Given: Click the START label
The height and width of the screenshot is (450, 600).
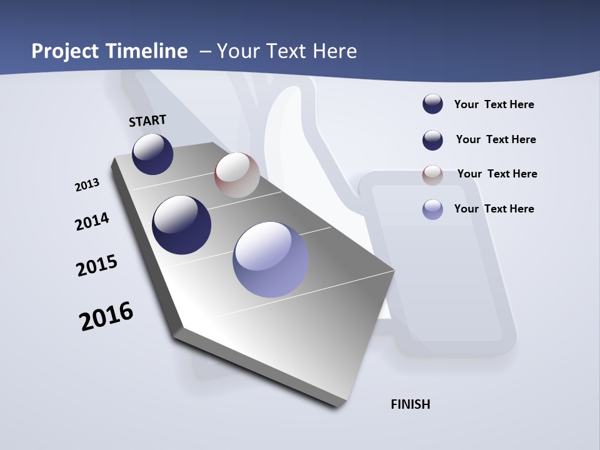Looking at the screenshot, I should point(147,121).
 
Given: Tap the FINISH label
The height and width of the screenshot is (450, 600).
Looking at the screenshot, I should point(411,404).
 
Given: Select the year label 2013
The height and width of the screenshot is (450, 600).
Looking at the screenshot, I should point(87,185).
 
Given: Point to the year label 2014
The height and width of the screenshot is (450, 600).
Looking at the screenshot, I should point(92,221).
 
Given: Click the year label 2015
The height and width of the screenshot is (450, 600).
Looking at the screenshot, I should point(97,266).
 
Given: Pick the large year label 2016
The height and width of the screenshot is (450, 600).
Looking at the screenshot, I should point(106,316).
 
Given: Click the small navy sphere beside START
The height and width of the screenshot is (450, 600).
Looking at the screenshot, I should point(152,154).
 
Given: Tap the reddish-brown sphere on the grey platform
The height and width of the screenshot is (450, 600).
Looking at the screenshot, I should point(237,175).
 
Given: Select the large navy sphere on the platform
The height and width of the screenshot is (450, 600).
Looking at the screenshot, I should point(181,225).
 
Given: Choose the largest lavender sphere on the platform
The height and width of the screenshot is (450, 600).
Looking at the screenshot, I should point(271,259).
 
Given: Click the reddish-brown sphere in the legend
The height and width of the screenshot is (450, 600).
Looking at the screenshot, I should point(432,175).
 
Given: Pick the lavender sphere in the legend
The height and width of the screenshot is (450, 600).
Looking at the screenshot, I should point(432,209).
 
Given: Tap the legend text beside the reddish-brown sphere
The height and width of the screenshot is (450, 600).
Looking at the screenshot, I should point(497,174).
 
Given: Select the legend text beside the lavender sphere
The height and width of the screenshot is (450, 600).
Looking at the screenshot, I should point(494,209).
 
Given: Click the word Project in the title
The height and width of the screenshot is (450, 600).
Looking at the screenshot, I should point(64,51).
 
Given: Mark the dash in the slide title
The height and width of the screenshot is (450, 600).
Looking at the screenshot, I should point(205,51).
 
